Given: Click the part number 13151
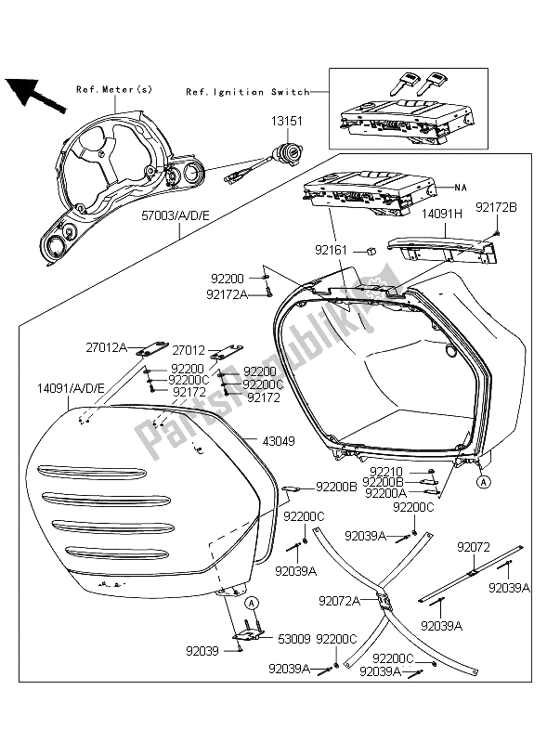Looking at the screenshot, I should coord(289,122).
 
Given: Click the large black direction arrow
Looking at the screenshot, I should coord(31,93).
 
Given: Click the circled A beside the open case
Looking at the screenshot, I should coord(483,482).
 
